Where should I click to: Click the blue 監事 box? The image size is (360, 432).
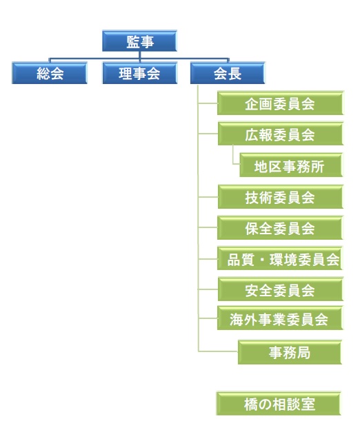click(139, 41)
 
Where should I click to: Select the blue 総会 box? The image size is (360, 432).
click(50, 73)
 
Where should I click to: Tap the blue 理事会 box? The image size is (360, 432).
click(140, 73)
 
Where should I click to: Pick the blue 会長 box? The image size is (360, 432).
click(228, 73)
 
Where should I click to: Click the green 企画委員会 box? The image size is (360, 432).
click(280, 103)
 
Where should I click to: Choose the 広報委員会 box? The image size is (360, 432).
click(280, 134)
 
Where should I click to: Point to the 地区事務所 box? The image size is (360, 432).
click(291, 165)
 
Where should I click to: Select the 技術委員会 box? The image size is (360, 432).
click(280, 197)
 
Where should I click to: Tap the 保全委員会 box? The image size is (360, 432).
click(280, 228)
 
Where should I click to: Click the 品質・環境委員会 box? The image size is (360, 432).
click(280, 258)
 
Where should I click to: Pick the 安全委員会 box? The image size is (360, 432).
click(280, 289)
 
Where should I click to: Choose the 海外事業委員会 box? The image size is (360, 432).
click(280, 318)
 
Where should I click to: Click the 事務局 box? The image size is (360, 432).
click(290, 352)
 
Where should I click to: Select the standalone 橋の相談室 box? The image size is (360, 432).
click(279, 404)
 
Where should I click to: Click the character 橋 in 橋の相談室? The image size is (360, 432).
click(251, 404)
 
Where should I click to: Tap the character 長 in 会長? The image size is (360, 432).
click(234, 74)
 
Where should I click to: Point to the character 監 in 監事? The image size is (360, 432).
click(133, 42)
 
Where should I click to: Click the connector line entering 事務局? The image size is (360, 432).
click(218, 351)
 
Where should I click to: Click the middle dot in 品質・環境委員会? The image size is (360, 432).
click(262, 260)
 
